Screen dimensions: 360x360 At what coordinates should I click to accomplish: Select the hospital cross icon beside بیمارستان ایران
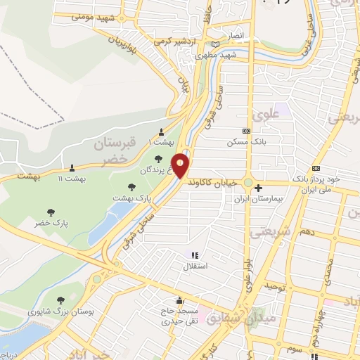[x=259, y=188]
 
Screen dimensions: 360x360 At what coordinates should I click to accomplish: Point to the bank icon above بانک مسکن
[x=246, y=131]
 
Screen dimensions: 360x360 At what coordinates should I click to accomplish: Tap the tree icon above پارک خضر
[x=50, y=211]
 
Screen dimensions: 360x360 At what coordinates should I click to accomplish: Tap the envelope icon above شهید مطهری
[x=215, y=44]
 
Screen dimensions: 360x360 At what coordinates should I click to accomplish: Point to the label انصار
[x=233, y=34]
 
